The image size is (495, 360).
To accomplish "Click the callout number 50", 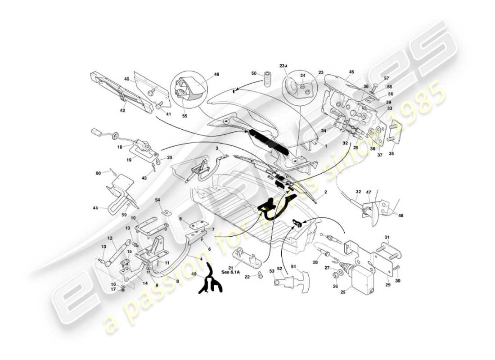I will coord(254,73).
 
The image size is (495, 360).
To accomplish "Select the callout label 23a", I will coord(283,66).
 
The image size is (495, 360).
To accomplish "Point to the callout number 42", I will coord(122,110).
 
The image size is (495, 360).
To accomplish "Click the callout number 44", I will coord(95,208).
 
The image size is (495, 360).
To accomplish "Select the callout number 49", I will coord(194,274).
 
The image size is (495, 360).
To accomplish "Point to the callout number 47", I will coord(368,192).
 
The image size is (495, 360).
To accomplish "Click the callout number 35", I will coord(391,153).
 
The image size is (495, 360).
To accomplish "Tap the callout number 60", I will coord(98,173).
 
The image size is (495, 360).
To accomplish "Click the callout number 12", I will coord(109,238).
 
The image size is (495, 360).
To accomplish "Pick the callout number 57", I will coord(387,78).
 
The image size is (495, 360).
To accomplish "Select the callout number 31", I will coord(387,237).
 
